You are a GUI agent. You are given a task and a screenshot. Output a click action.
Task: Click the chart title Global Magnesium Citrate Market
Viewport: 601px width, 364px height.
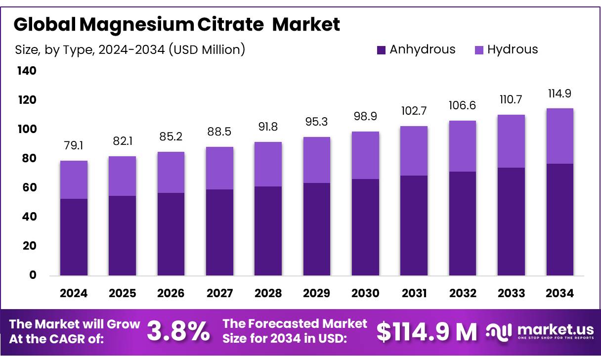coord(177,24)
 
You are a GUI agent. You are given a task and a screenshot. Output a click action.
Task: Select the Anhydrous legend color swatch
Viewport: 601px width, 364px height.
coord(381,49)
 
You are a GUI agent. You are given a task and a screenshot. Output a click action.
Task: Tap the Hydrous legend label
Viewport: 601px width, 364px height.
coord(512,49)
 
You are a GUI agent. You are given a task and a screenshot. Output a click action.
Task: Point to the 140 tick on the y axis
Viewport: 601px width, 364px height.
coord(27,71)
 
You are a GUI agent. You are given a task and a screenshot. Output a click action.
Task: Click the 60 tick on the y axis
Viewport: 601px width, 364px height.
coord(27,188)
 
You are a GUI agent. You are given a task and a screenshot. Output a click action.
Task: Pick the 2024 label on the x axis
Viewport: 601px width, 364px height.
coord(74,293)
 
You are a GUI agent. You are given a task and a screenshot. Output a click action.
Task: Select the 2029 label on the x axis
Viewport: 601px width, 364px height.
coord(317,293)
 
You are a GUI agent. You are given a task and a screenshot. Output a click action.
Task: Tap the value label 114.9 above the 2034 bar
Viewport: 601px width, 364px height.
coord(560,94)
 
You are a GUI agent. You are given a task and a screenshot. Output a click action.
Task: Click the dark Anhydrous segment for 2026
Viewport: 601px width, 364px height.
coord(171,234)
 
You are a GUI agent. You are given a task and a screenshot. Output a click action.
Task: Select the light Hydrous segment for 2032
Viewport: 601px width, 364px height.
coord(463,146)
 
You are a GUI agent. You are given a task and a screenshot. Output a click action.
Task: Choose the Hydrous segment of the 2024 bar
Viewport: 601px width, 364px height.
coord(74,180)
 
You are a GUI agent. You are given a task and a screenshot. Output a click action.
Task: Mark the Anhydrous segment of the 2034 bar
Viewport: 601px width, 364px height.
coord(560,220)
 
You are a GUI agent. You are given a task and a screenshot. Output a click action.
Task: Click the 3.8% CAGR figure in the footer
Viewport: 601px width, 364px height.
coord(178,332)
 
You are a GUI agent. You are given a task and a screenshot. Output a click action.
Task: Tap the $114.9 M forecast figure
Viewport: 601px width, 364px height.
coord(427,332)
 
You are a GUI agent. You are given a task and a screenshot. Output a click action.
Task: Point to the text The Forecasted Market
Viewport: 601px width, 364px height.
coord(295,324)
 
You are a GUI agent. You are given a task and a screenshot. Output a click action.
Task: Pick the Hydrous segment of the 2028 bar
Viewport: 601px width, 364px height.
coord(268,164)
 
